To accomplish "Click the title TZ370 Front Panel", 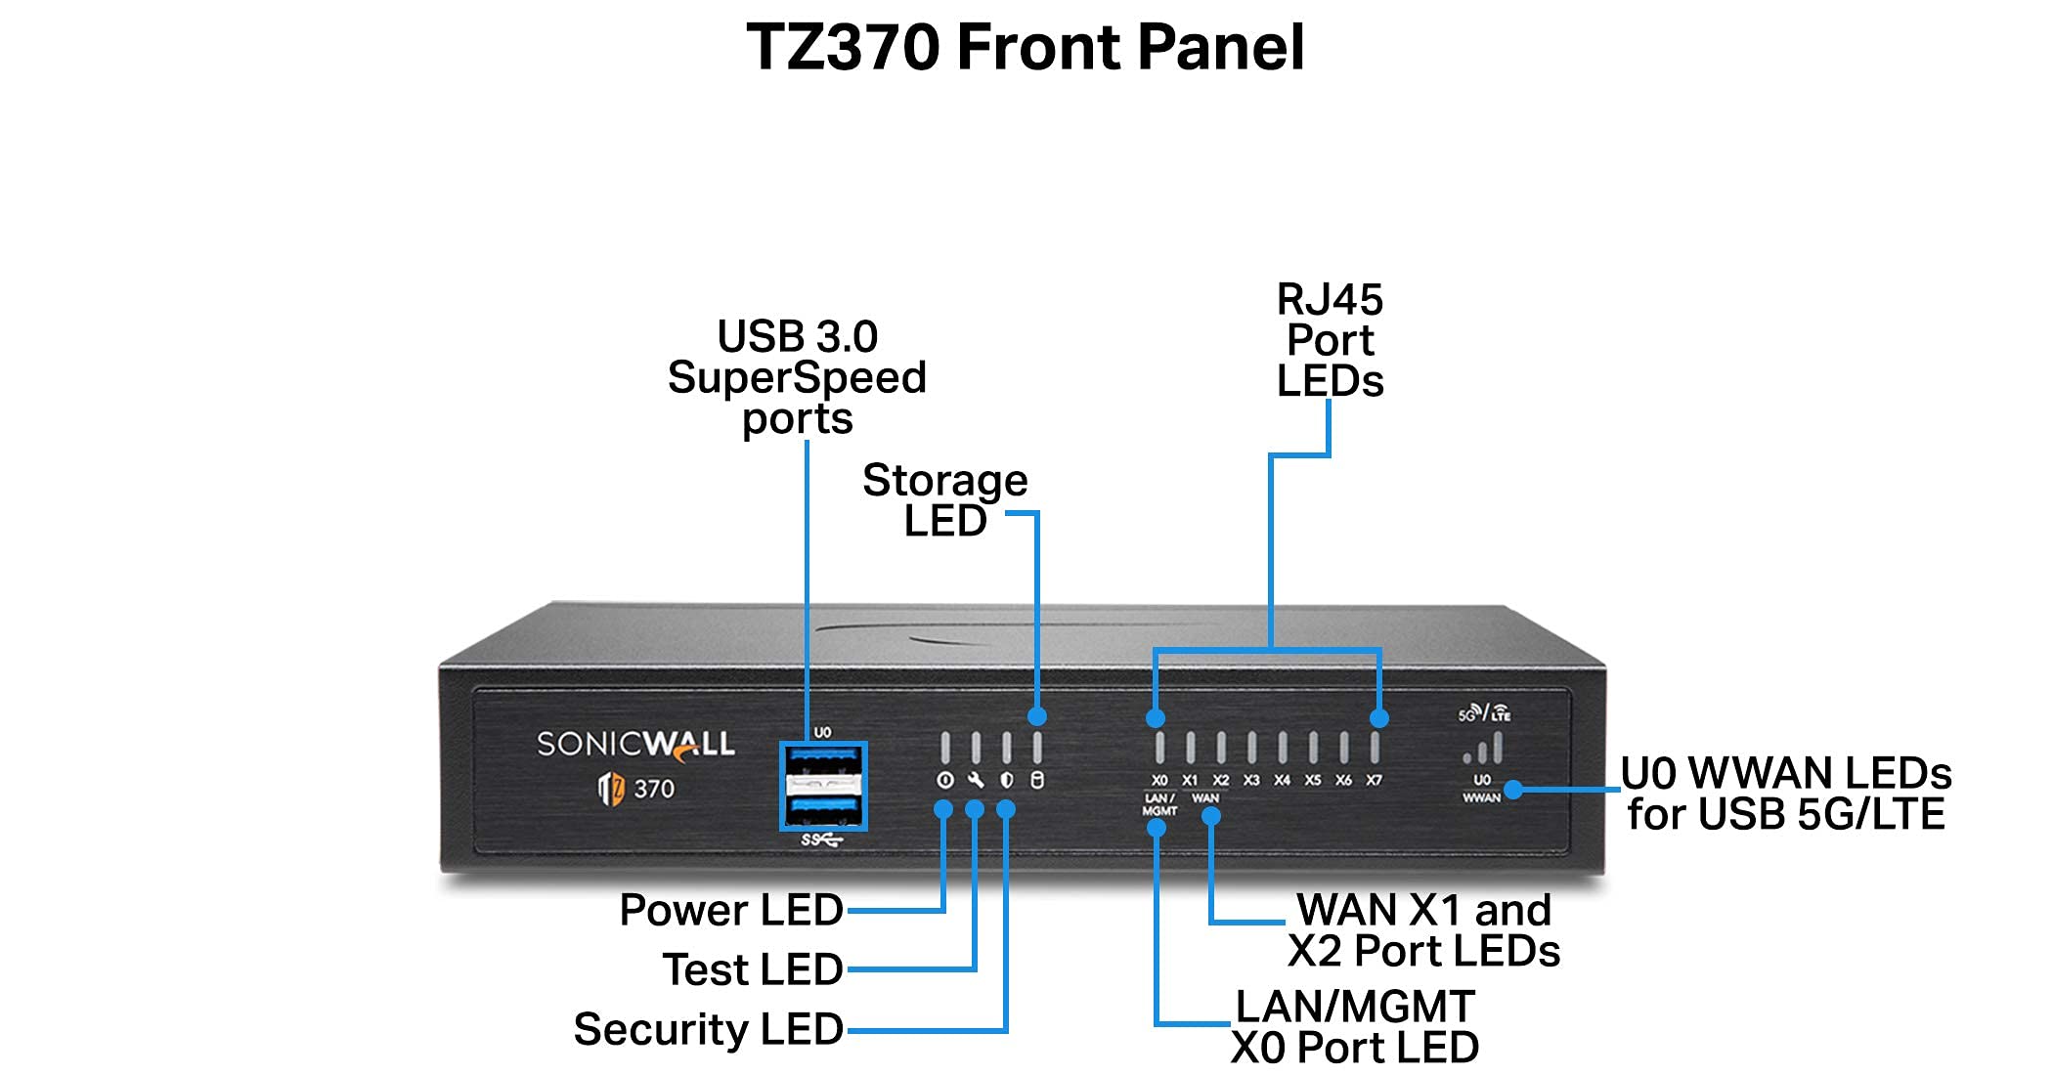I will (x=1025, y=47).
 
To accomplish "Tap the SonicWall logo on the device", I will (x=635, y=745).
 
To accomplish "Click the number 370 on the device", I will (x=654, y=789).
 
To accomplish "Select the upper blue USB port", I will (x=823, y=757).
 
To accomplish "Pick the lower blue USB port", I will (x=823, y=810).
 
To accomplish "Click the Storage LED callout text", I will (x=944, y=500).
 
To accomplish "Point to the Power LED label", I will (x=731, y=910).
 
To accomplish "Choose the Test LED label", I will (x=753, y=969).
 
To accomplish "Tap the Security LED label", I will (x=709, y=1029).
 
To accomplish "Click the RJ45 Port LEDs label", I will (x=1330, y=340).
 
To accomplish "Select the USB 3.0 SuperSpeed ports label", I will (x=797, y=377).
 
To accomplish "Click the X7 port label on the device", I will (x=1374, y=781).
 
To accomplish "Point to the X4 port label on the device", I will (x=1282, y=781).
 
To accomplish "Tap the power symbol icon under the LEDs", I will (x=944, y=780).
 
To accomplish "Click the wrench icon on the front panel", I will (x=976, y=780).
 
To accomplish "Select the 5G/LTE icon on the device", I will (x=1484, y=713).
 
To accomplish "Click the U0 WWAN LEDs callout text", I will (x=1785, y=794).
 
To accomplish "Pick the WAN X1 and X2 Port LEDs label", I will (x=1423, y=930).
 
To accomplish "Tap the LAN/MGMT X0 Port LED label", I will (x=1355, y=1027).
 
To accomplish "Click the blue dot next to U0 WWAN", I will (x=1513, y=789).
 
